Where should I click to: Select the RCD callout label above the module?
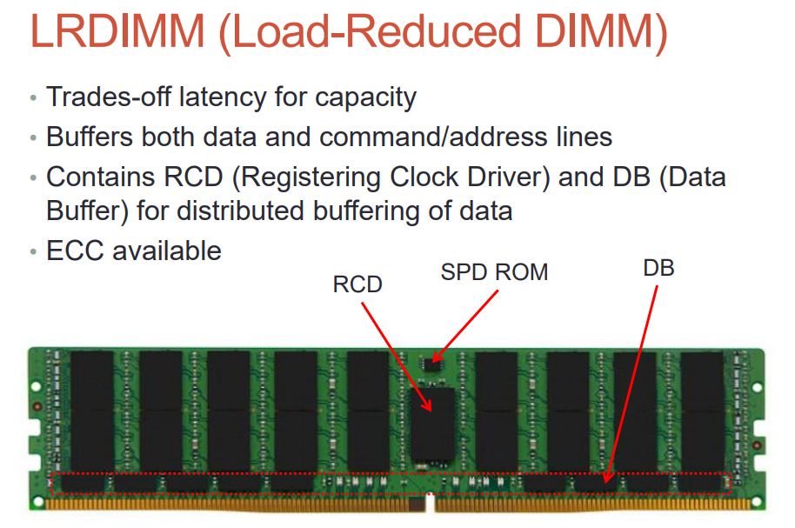click(357, 284)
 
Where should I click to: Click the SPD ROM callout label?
click(494, 272)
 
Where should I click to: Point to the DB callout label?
click(658, 268)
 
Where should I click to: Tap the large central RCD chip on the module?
click(434, 422)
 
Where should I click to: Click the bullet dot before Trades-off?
click(33, 97)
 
